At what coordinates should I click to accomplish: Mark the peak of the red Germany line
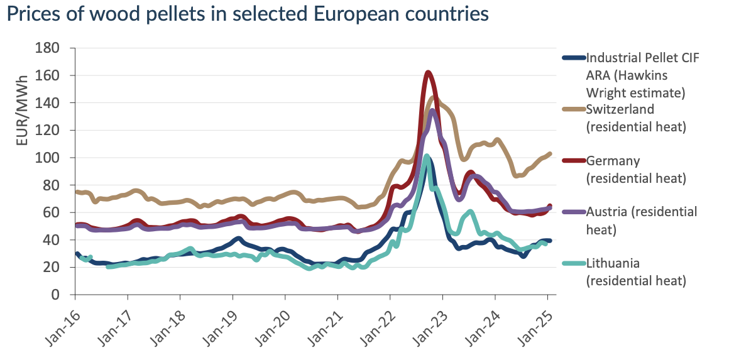coord(428,73)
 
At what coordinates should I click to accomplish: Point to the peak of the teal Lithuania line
coord(427,156)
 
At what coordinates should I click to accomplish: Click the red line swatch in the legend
coord(572,160)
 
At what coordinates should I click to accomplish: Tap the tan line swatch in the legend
coord(572,109)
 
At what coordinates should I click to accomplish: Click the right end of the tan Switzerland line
coord(550,153)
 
